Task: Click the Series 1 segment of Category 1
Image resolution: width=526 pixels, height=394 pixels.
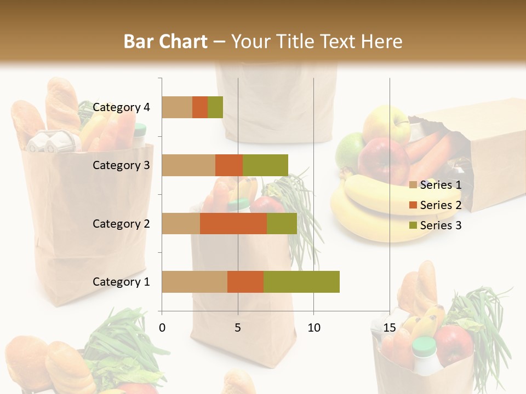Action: point(195,282)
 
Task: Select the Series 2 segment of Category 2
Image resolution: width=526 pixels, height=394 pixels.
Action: point(233,223)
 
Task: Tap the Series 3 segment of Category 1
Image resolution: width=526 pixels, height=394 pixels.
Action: point(301,282)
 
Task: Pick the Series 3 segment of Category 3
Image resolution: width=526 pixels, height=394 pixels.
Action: point(265,165)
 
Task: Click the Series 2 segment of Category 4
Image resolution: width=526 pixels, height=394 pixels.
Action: point(200,107)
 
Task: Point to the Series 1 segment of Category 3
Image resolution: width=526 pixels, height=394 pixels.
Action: point(188,165)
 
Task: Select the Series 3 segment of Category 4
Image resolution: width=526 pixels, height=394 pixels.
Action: point(215,107)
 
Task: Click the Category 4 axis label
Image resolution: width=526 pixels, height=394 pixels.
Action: point(121,107)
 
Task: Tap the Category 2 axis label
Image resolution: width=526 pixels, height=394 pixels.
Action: point(121,223)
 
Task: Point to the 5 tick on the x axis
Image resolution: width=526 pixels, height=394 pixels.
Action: point(238,328)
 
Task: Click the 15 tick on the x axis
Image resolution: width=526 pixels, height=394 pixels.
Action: point(390,328)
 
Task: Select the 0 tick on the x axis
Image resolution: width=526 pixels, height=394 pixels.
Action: point(162,328)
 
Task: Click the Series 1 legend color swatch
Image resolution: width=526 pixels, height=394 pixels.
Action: point(413,185)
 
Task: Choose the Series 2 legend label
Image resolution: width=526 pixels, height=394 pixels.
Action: point(441,205)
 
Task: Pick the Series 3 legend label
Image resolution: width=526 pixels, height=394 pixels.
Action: point(441,225)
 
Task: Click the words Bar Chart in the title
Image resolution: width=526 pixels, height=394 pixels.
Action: point(165,41)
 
